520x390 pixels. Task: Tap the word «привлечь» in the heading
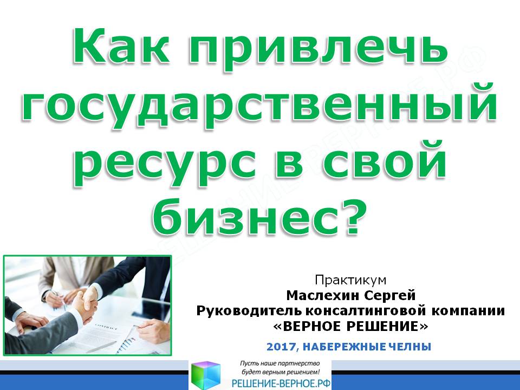coord(318,49)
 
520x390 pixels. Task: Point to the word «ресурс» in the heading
coord(167,165)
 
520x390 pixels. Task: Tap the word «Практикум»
coord(350,280)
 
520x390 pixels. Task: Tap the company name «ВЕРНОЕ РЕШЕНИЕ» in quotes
coord(350,327)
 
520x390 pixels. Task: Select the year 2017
coord(281,347)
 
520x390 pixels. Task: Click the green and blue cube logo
coord(206,375)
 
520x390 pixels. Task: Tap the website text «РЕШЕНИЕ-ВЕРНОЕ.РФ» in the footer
coord(281,383)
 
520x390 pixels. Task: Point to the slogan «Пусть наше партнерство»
coord(280,363)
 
